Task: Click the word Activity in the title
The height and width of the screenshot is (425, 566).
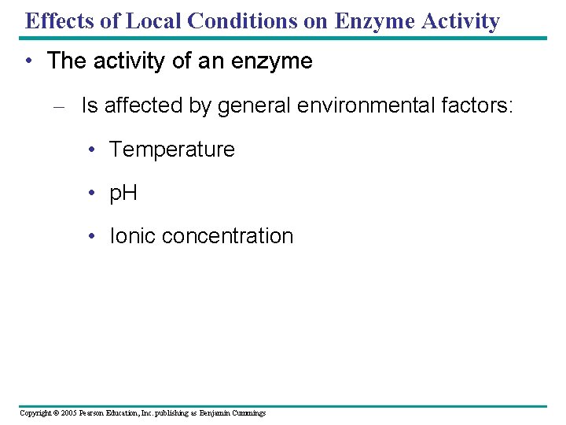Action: click(x=463, y=20)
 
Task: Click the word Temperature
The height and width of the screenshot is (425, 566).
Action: click(x=171, y=150)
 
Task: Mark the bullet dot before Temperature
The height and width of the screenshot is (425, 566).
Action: click(x=93, y=150)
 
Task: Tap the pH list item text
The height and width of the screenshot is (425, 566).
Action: click(x=123, y=194)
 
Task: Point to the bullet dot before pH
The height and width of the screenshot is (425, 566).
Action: click(x=93, y=194)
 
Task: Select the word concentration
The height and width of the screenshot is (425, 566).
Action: click(x=232, y=236)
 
